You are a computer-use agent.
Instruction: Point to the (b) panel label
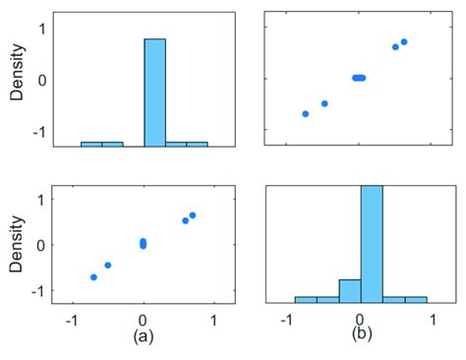pyautogui.click(x=361, y=333)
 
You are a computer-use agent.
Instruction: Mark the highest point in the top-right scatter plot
pyautogui.click(x=404, y=41)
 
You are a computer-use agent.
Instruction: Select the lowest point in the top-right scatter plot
pyautogui.click(x=306, y=114)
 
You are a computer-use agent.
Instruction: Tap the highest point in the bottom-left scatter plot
pyautogui.click(x=193, y=214)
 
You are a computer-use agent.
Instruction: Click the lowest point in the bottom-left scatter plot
pyautogui.click(x=93, y=277)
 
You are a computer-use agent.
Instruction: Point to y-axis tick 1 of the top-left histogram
pyautogui.click(x=41, y=28)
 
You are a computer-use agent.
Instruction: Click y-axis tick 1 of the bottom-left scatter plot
pyautogui.click(x=41, y=200)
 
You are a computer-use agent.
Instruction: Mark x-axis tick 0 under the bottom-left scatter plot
pyautogui.click(x=144, y=320)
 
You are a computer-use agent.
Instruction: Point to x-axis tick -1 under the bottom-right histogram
pyautogui.click(x=287, y=320)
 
